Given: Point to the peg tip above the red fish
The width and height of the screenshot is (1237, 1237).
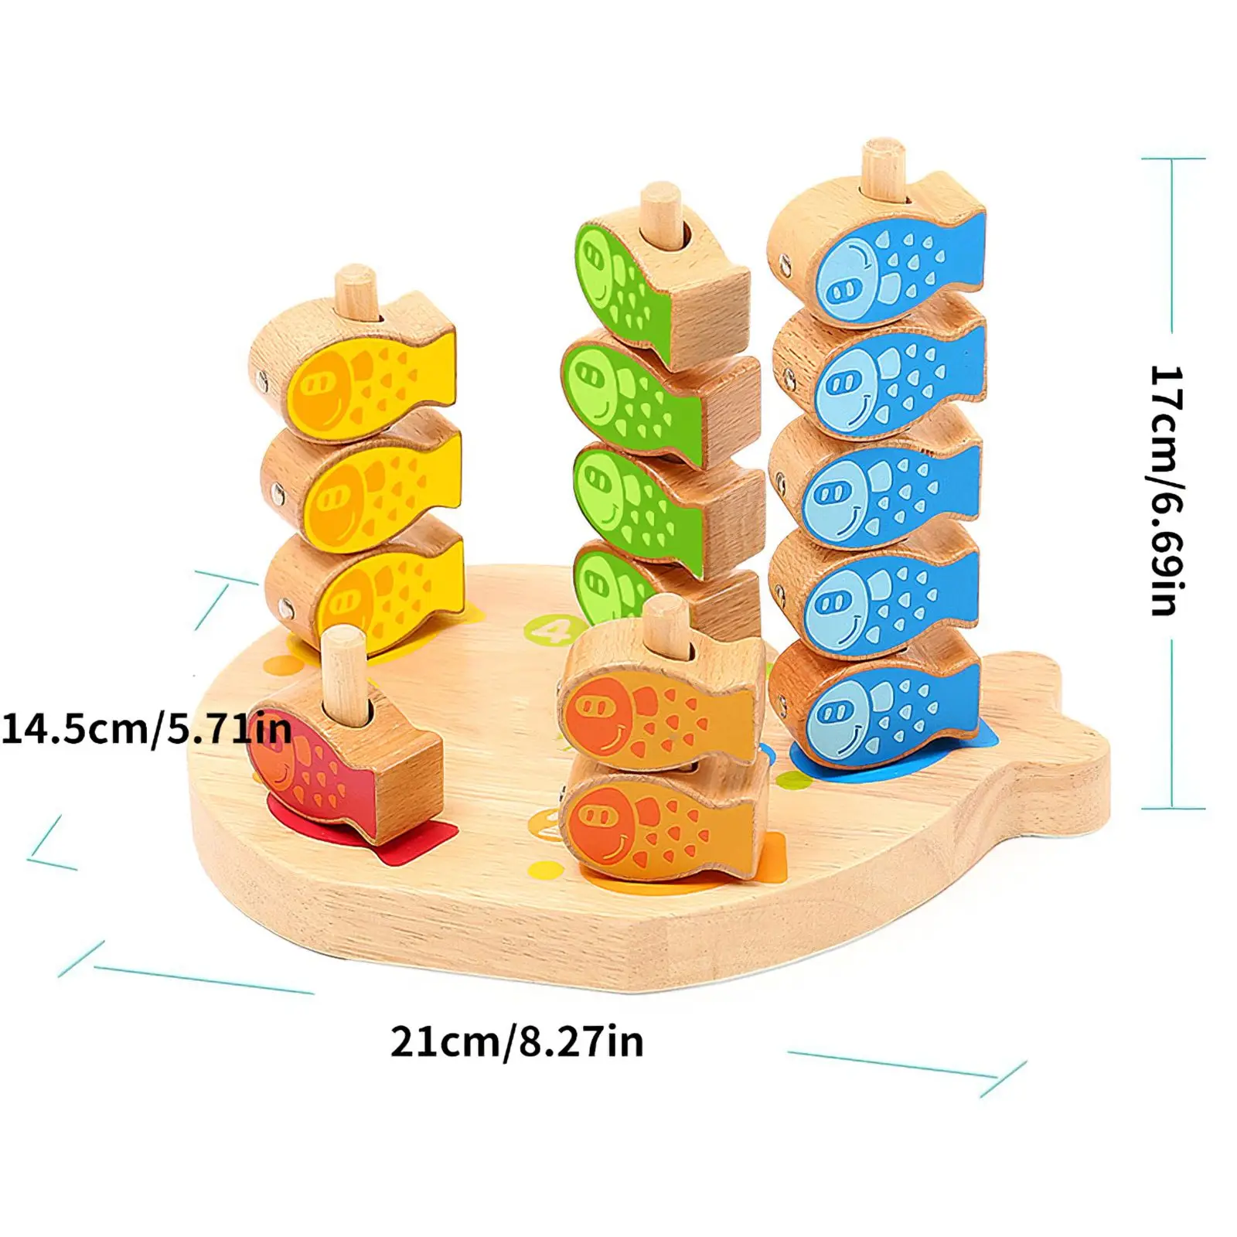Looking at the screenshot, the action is [x=342, y=646].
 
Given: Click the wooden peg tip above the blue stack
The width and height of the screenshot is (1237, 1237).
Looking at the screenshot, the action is [x=883, y=155].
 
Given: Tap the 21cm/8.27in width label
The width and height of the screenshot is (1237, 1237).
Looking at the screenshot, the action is [x=516, y=1042].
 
